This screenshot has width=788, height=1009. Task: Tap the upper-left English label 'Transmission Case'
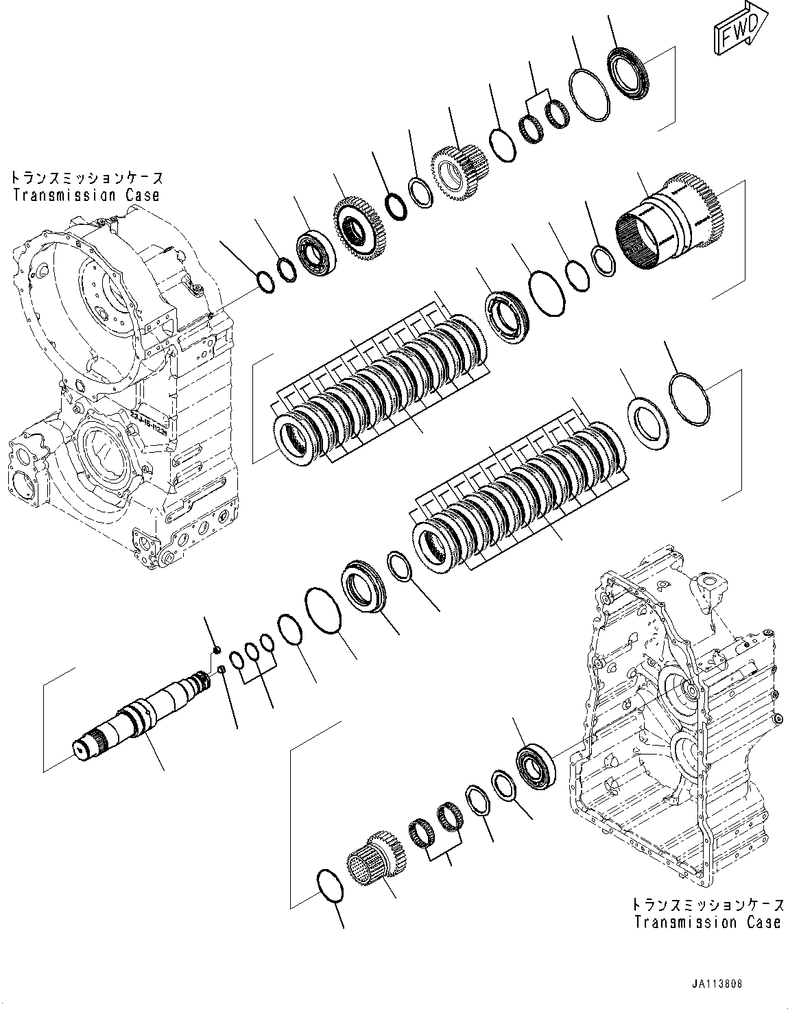point(86,195)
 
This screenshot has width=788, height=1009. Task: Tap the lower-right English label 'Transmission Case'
point(707,922)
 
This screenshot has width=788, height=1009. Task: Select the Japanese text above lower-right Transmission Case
point(707,905)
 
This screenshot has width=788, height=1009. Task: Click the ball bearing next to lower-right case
point(535,763)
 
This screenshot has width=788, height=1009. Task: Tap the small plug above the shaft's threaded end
point(217,648)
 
